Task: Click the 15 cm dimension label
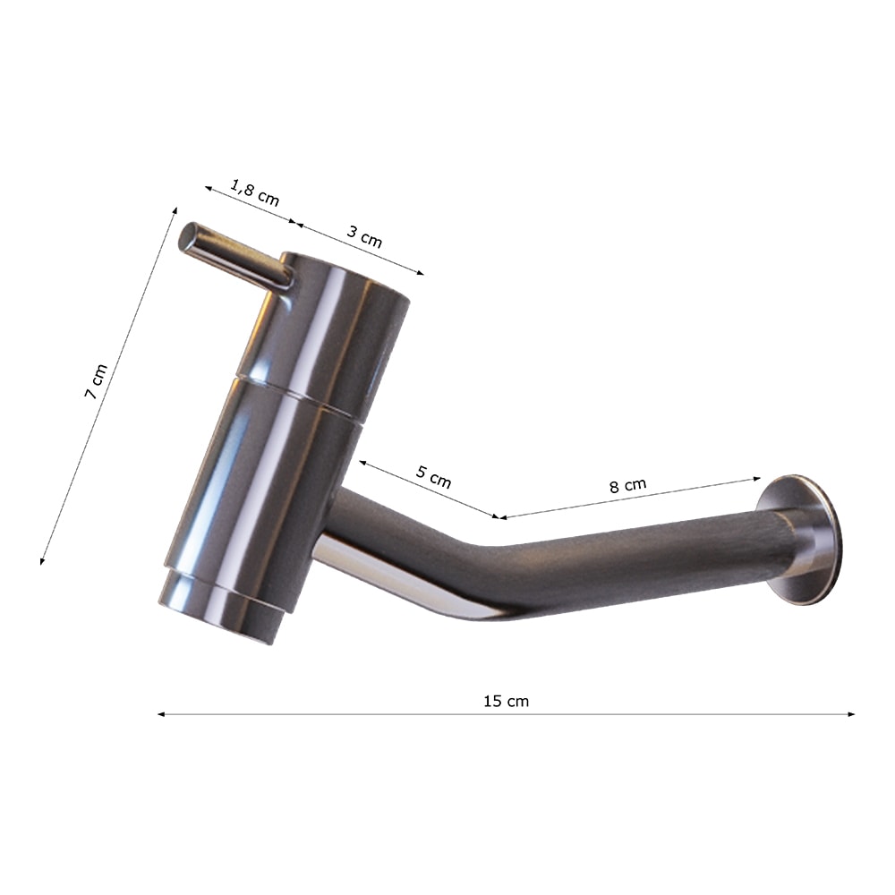click(506, 701)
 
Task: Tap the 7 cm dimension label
click(96, 381)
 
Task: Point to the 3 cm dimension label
click(364, 235)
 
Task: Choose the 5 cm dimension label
click(433, 477)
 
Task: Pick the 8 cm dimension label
click(628, 485)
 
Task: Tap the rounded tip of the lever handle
click(187, 236)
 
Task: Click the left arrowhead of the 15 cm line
click(161, 714)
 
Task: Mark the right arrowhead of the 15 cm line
click(851, 714)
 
